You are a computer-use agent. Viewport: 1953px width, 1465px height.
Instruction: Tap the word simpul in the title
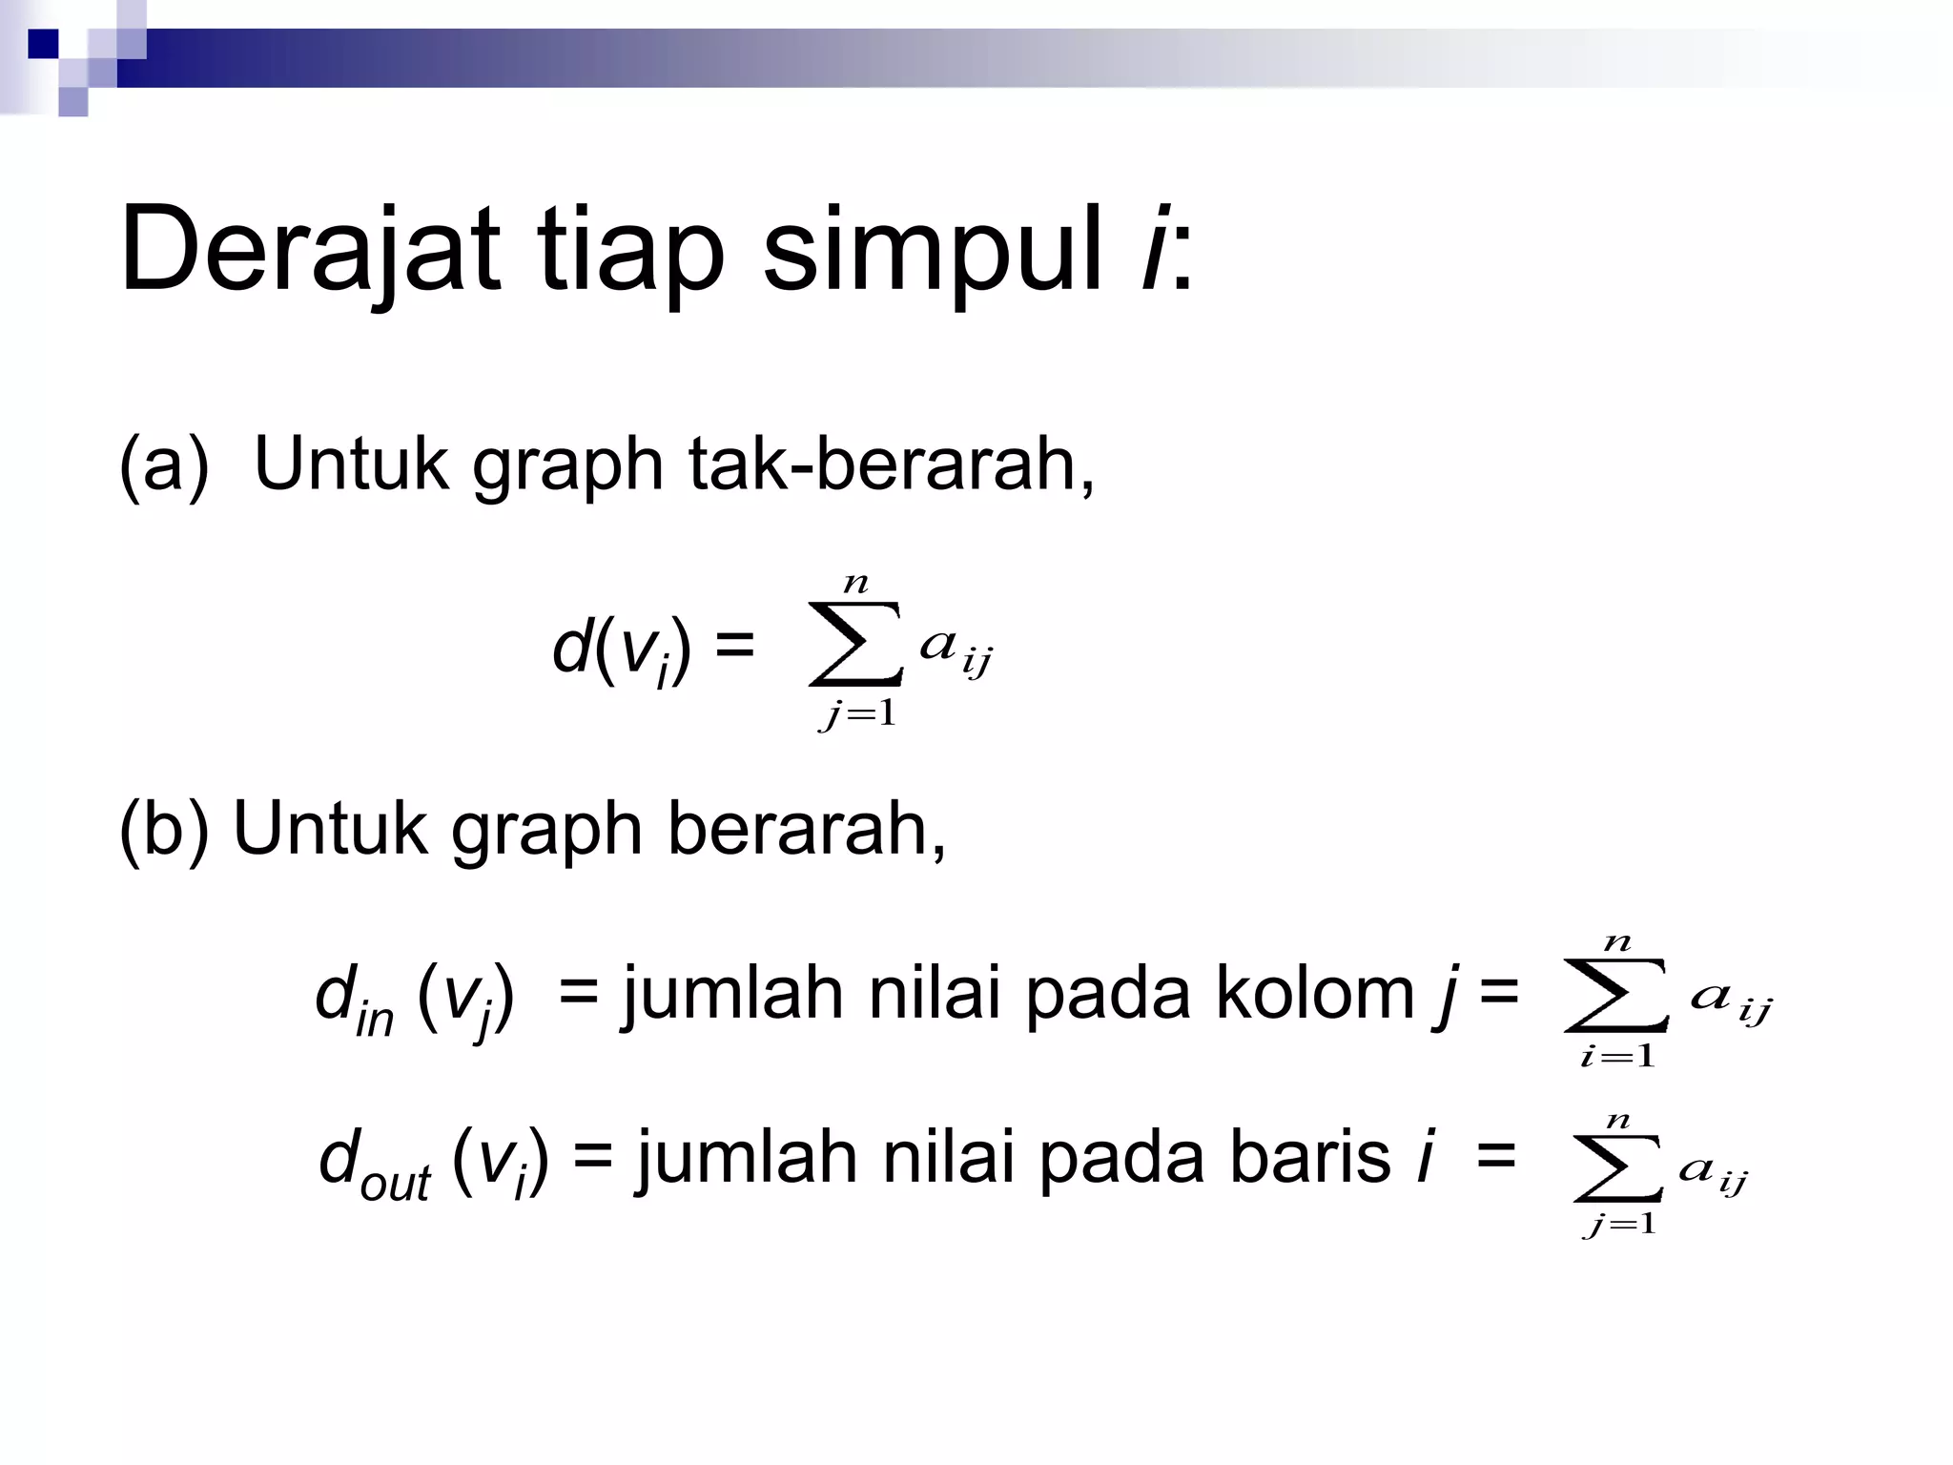pos(933,250)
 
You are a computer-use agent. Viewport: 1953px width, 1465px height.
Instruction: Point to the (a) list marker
pos(163,464)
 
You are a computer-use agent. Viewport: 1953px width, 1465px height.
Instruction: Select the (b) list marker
pos(163,829)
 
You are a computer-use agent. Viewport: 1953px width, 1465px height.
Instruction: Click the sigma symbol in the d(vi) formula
pos(854,644)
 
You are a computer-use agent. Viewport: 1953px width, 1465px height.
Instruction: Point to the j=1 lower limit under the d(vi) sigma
pos(857,713)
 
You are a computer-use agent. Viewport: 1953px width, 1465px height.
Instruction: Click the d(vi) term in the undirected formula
pos(621,650)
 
